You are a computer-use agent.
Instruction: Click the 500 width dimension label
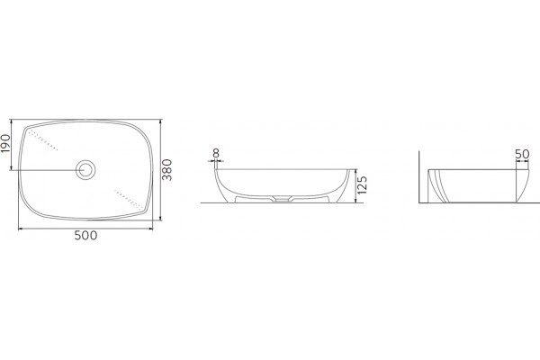(x=85, y=235)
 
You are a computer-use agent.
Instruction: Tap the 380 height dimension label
(x=167, y=169)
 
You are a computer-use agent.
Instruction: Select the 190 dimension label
(x=5, y=143)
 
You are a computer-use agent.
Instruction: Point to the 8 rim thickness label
(x=216, y=153)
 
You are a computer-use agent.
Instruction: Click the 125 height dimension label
(x=363, y=185)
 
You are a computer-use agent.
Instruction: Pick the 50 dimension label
(x=522, y=154)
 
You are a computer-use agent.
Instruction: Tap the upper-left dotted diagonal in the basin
(x=42, y=140)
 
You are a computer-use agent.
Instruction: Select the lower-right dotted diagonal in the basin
(x=129, y=200)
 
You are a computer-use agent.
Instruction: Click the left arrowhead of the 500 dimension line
(x=20, y=229)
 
